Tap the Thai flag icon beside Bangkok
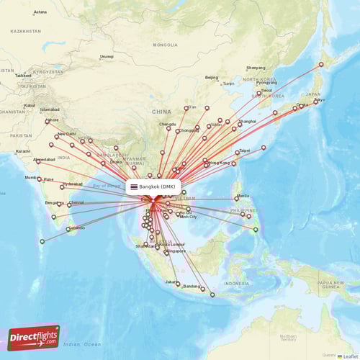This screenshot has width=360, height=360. point(134,186)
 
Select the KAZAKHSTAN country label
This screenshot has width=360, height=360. point(25,32)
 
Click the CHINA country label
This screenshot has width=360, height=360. point(161,112)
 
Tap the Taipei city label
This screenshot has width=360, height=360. point(244,150)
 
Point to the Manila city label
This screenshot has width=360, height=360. point(243,195)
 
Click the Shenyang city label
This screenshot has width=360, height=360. point(256,68)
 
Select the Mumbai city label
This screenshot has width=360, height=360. point(31,176)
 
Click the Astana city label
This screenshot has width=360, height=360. point(40,12)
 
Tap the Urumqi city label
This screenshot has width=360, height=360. point(107,56)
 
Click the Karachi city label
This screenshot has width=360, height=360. point(23,151)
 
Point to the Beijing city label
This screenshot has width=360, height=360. point(211,77)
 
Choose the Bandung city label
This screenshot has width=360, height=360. point(192,287)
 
